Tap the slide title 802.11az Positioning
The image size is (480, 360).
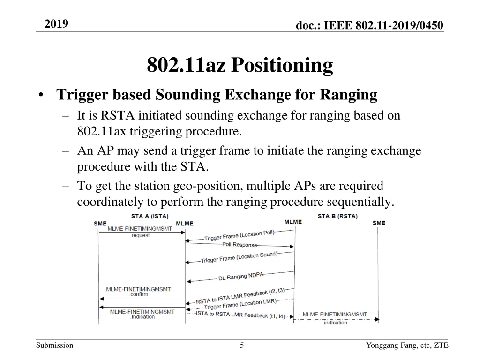[240, 65]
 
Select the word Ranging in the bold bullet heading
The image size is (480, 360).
[349, 95]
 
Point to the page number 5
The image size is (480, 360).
[242, 345]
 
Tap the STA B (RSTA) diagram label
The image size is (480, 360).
[337, 216]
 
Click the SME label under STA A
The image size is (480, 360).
[100, 224]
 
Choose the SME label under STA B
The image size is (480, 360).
[379, 223]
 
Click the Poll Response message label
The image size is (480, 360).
[240, 245]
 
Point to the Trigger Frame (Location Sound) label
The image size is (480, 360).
[239, 257]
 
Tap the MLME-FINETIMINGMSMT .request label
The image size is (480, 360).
[140, 232]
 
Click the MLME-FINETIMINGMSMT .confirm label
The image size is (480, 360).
[138, 292]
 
